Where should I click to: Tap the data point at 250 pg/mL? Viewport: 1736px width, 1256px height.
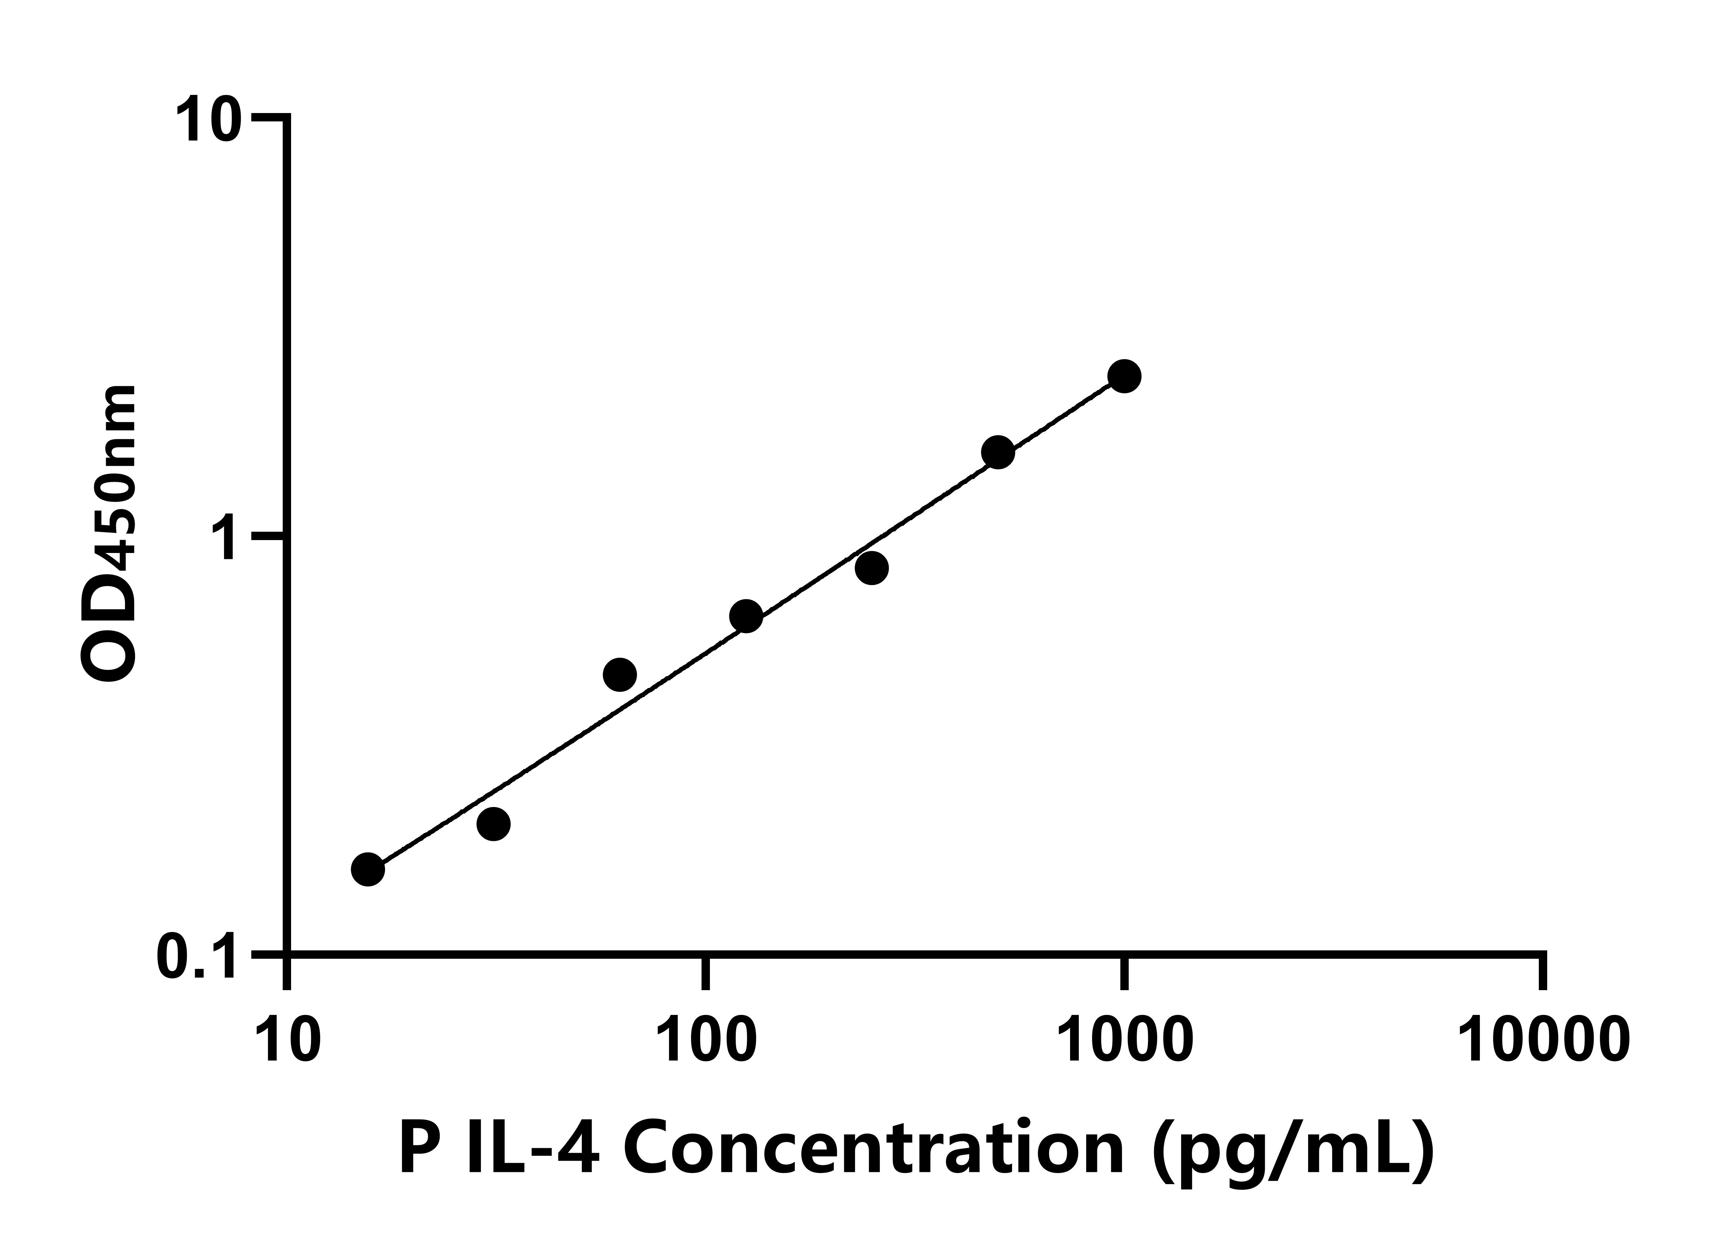(871, 568)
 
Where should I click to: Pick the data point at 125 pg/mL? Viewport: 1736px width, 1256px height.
(745, 616)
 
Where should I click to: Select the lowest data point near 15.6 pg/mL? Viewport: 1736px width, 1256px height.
(368, 869)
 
